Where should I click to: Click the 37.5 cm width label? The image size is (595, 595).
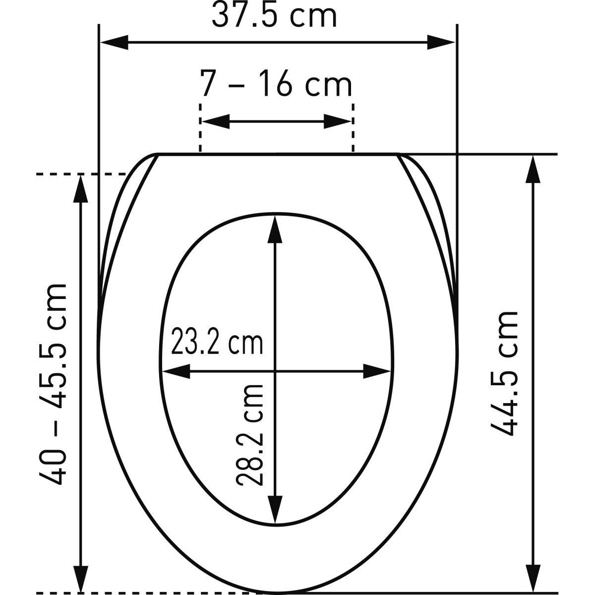[x=274, y=15]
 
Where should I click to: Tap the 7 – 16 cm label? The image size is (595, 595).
[x=276, y=83]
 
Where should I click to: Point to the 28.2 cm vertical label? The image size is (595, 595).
[x=249, y=440]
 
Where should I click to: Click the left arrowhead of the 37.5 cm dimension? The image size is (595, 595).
[x=114, y=42]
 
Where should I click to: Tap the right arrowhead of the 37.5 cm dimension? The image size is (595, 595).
[x=441, y=42]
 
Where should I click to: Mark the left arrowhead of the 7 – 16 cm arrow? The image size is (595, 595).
[x=216, y=121]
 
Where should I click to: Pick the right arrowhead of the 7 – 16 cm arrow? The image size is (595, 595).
[x=338, y=121]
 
